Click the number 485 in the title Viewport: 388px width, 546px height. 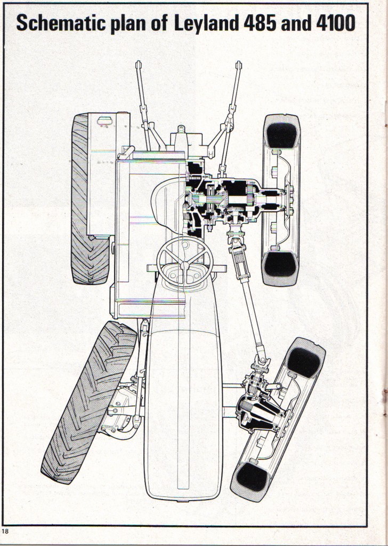pos(260,23)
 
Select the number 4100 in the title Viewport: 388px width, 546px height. pos(335,23)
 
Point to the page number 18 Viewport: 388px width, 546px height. pos(5,531)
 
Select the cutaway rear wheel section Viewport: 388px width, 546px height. pos(281,200)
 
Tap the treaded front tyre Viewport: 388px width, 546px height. pos(88,402)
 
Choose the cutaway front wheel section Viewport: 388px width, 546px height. pos(278,420)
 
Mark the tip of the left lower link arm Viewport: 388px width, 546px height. pos(139,64)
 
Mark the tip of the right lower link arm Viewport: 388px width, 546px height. pos(238,65)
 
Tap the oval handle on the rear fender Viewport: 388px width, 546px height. pos(104,121)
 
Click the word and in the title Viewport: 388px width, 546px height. pos(296,23)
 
